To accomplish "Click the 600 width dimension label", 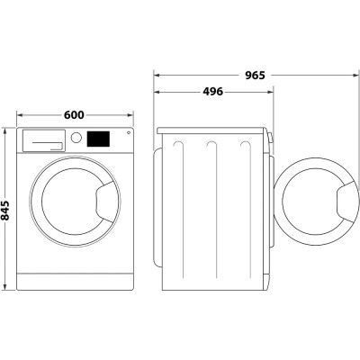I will pyautogui.click(x=75, y=114).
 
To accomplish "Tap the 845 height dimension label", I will pyautogui.click(x=6, y=210).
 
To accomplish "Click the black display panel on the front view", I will pyautogui.click(x=98, y=139).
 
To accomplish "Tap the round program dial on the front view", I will pyautogui.click(x=76, y=139).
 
